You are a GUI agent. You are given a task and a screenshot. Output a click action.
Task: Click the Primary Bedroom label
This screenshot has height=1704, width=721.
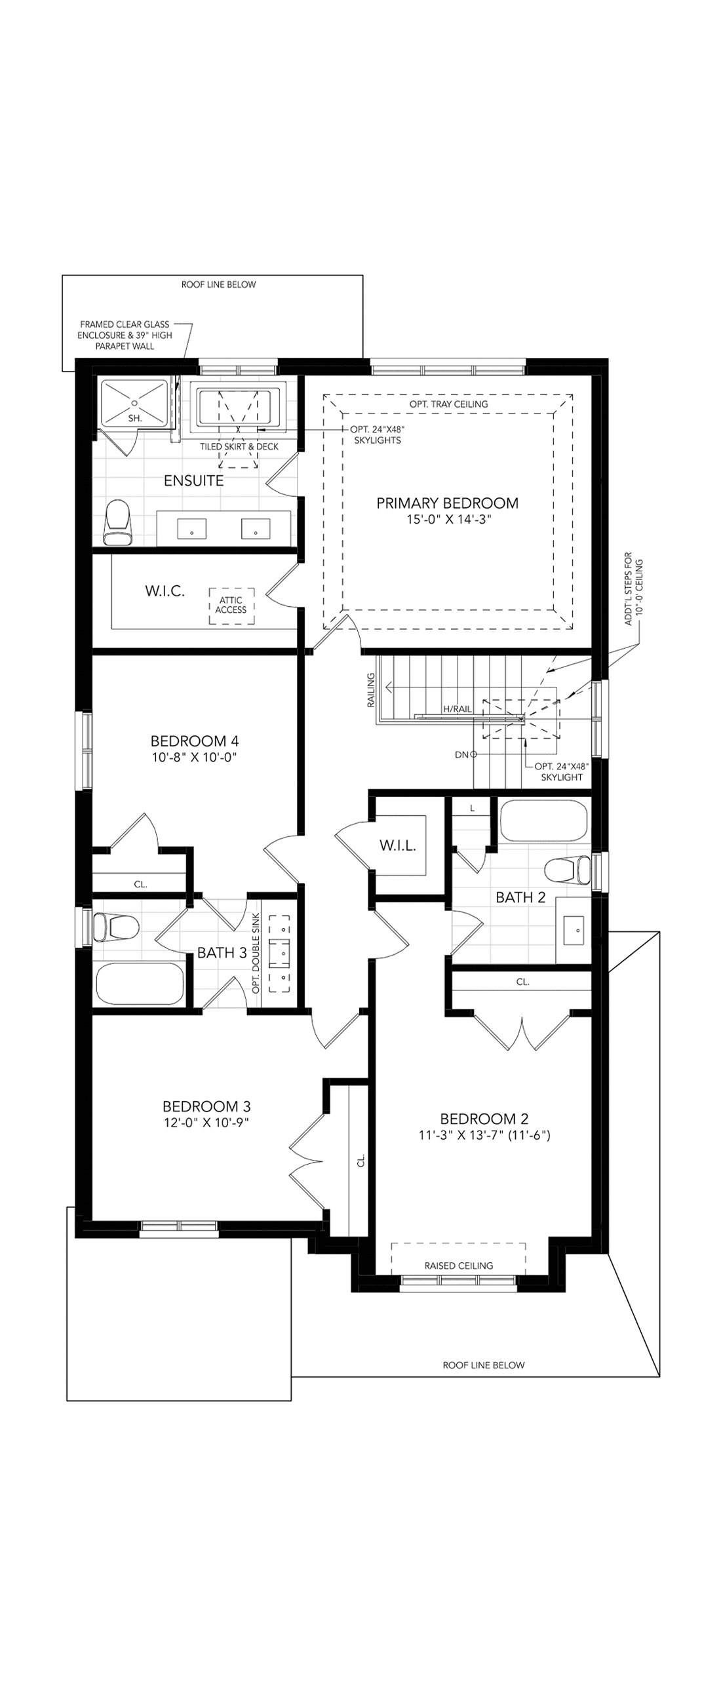click(447, 503)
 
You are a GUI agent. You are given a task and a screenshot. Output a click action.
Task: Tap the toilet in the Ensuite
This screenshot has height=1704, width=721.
click(119, 522)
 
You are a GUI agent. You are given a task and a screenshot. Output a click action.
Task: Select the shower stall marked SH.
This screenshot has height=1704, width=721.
click(134, 402)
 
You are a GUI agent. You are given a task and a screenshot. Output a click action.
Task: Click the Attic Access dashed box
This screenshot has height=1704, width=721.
click(231, 606)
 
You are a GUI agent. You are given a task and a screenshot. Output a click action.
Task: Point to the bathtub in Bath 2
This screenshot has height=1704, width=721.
click(544, 821)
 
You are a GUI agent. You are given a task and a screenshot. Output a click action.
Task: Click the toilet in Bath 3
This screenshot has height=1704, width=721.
click(116, 927)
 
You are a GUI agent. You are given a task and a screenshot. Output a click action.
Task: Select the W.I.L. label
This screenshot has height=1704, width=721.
click(398, 845)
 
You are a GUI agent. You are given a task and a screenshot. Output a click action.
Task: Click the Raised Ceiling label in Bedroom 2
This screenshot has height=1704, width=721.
click(458, 1266)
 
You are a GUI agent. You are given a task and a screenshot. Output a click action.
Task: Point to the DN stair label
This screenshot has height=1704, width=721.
click(461, 754)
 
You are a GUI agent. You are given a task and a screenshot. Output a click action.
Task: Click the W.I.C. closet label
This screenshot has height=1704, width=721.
click(165, 591)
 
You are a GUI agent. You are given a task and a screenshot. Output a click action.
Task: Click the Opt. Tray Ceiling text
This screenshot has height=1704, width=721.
click(448, 404)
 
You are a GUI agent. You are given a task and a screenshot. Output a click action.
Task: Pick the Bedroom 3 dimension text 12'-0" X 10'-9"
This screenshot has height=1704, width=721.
click(206, 1123)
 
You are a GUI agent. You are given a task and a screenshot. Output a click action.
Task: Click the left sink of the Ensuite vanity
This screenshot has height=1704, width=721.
click(192, 528)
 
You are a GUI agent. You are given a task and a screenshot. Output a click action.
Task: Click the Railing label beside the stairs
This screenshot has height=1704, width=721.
click(371, 691)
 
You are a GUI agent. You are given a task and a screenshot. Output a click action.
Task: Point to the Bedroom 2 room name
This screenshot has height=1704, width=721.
click(484, 1119)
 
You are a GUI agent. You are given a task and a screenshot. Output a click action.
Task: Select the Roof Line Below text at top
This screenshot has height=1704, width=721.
click(218, 285)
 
